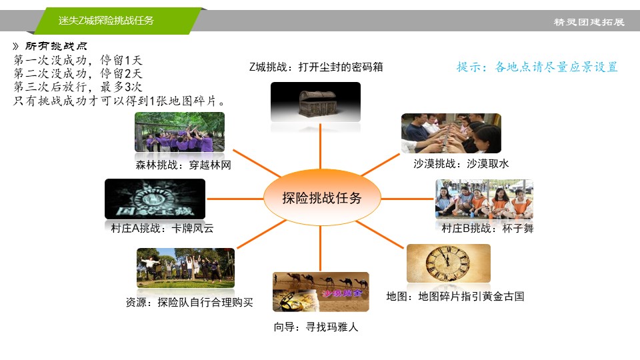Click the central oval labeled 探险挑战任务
click(x=322, y=197)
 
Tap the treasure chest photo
click(x=315, y=101)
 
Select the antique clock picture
click(x=449, y=263)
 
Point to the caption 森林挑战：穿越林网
click(x=183, y=165)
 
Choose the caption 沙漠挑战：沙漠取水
click(x=461, y=164)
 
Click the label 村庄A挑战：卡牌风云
click(x=162, y=228)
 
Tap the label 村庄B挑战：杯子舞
click(x=487, y=228)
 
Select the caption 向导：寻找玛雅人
click(x=316, y=327)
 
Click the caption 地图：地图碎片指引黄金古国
click(x=455, y=296)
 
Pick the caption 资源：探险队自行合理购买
click(x=189, y=302)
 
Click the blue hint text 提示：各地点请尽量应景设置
click(x=537, y=67)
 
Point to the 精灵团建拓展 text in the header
click(x=589, y=22)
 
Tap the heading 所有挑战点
click(x=56, y=46)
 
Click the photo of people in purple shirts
click(x=179, y=132)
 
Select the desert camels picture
click(x=321, y=292)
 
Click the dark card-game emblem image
click(x=155, y=199)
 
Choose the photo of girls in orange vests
click(x=484, y=199)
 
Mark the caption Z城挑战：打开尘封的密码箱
click(x=316, y=67)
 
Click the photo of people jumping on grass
click(x=186, y=268)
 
